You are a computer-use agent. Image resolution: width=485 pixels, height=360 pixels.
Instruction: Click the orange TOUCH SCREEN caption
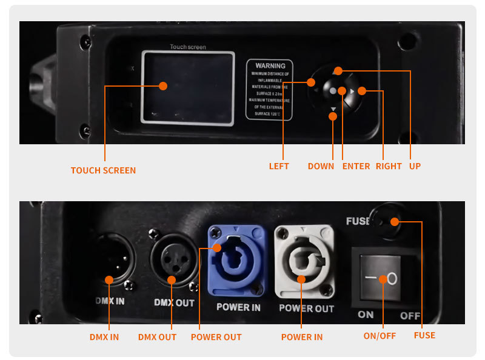103,170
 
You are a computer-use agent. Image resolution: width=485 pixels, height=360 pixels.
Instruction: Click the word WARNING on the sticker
270,65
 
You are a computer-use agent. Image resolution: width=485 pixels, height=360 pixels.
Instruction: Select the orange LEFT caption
279,166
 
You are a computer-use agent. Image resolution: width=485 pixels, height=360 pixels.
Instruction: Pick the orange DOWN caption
321,166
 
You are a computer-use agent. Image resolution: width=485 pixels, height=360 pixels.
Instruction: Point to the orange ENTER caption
356,166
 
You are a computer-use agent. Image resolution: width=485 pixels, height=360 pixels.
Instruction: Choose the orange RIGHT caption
389,166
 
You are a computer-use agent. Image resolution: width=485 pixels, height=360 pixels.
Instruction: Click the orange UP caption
415,166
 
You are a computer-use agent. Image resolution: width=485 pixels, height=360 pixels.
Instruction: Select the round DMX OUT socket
172,259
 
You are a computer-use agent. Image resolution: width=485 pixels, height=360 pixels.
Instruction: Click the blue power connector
237,261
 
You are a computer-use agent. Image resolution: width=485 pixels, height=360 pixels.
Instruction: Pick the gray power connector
304,262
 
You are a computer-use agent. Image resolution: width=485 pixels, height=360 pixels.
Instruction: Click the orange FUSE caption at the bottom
424,335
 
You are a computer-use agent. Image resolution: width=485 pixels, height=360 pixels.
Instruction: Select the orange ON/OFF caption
379,336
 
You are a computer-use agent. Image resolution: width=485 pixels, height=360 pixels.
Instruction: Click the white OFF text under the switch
410,316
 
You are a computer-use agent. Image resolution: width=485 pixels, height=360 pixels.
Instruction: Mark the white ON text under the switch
366,315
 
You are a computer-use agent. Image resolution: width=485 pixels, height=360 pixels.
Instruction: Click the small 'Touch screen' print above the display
187,47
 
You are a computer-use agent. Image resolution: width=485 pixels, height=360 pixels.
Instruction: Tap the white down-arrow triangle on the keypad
333,110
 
